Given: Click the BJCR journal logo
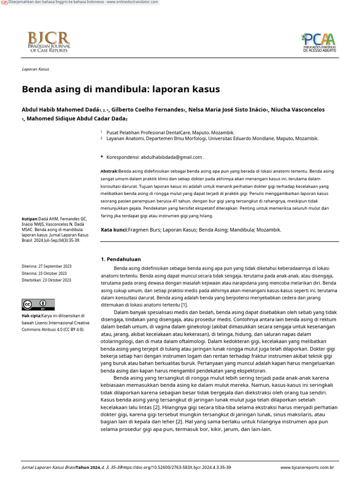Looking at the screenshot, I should [x=49, y=42].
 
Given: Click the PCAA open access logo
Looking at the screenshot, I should [x=319, y=42].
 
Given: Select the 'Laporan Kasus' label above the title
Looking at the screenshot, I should [x=35, y=69].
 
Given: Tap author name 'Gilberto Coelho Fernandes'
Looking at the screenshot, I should [x=147, y=110].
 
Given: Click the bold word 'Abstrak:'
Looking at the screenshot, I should [x=109, y=172].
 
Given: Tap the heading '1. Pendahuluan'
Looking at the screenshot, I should [x=121, y=259].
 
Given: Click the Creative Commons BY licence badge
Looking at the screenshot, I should [x=38, y=305].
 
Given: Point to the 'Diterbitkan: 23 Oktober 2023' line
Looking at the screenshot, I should [x=46, y=280].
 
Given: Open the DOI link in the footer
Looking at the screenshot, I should [x=177, y=467].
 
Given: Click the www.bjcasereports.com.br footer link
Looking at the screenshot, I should [x=307, y=467].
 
